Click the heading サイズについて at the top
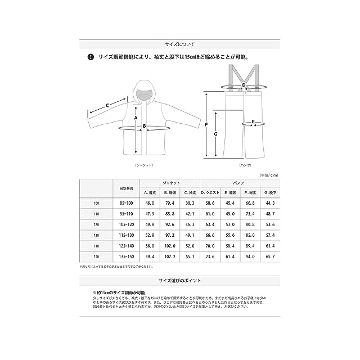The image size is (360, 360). point(179,43)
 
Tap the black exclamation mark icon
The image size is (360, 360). point(90,57)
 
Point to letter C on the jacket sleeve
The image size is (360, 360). point(107,105)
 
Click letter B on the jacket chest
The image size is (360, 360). point(145,127)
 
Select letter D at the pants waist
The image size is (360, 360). point(244,85)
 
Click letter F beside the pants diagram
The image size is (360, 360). point(206,124)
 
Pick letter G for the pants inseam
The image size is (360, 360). point(215,134)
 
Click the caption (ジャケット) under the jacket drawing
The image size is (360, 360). point(145,165)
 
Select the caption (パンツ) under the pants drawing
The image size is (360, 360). point(245,165)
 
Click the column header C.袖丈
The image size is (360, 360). point(189,192)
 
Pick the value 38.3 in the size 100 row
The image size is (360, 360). point(189,202)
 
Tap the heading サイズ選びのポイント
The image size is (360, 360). point(179,280)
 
